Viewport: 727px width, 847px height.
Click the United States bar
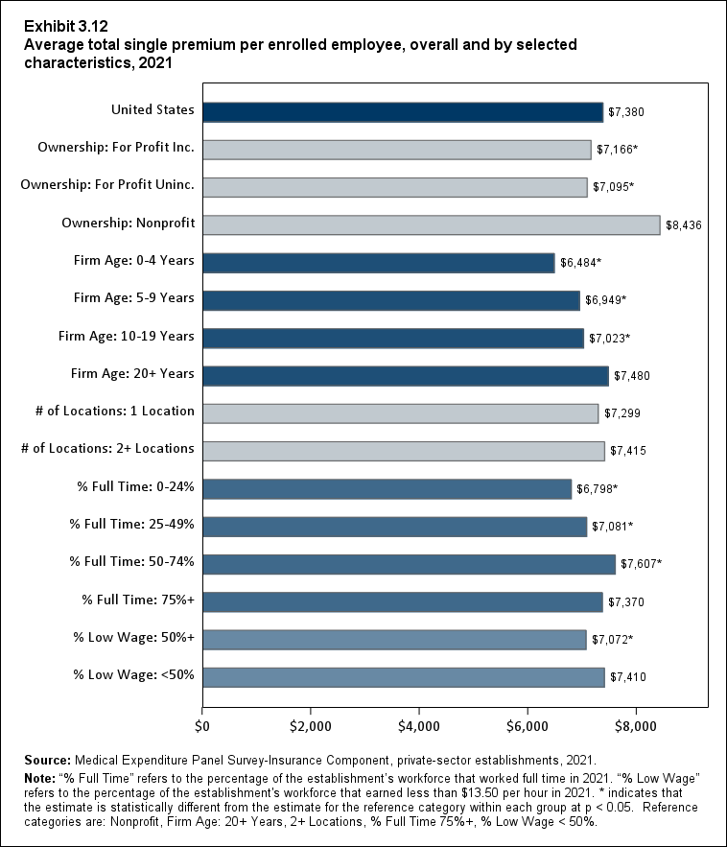coord(403,112)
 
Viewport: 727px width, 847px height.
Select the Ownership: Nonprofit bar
coord(431,224)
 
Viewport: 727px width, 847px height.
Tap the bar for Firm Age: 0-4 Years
coord(378,263)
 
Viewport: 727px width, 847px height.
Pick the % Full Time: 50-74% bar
coord(409,564)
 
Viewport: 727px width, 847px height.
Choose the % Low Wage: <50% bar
coord(403,677)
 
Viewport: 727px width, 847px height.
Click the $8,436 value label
coord(684,225)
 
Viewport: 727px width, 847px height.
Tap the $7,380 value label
coord(626,112)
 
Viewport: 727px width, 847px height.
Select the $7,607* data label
coord(642,564)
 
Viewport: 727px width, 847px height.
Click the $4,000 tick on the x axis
coord(419,721)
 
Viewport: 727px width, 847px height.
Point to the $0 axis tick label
coord(202,721)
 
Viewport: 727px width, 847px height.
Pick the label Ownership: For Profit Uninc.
coord(107,185)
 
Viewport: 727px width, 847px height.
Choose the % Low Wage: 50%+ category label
coord(134,638)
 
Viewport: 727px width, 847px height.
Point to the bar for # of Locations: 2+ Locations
coord(403,451)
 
